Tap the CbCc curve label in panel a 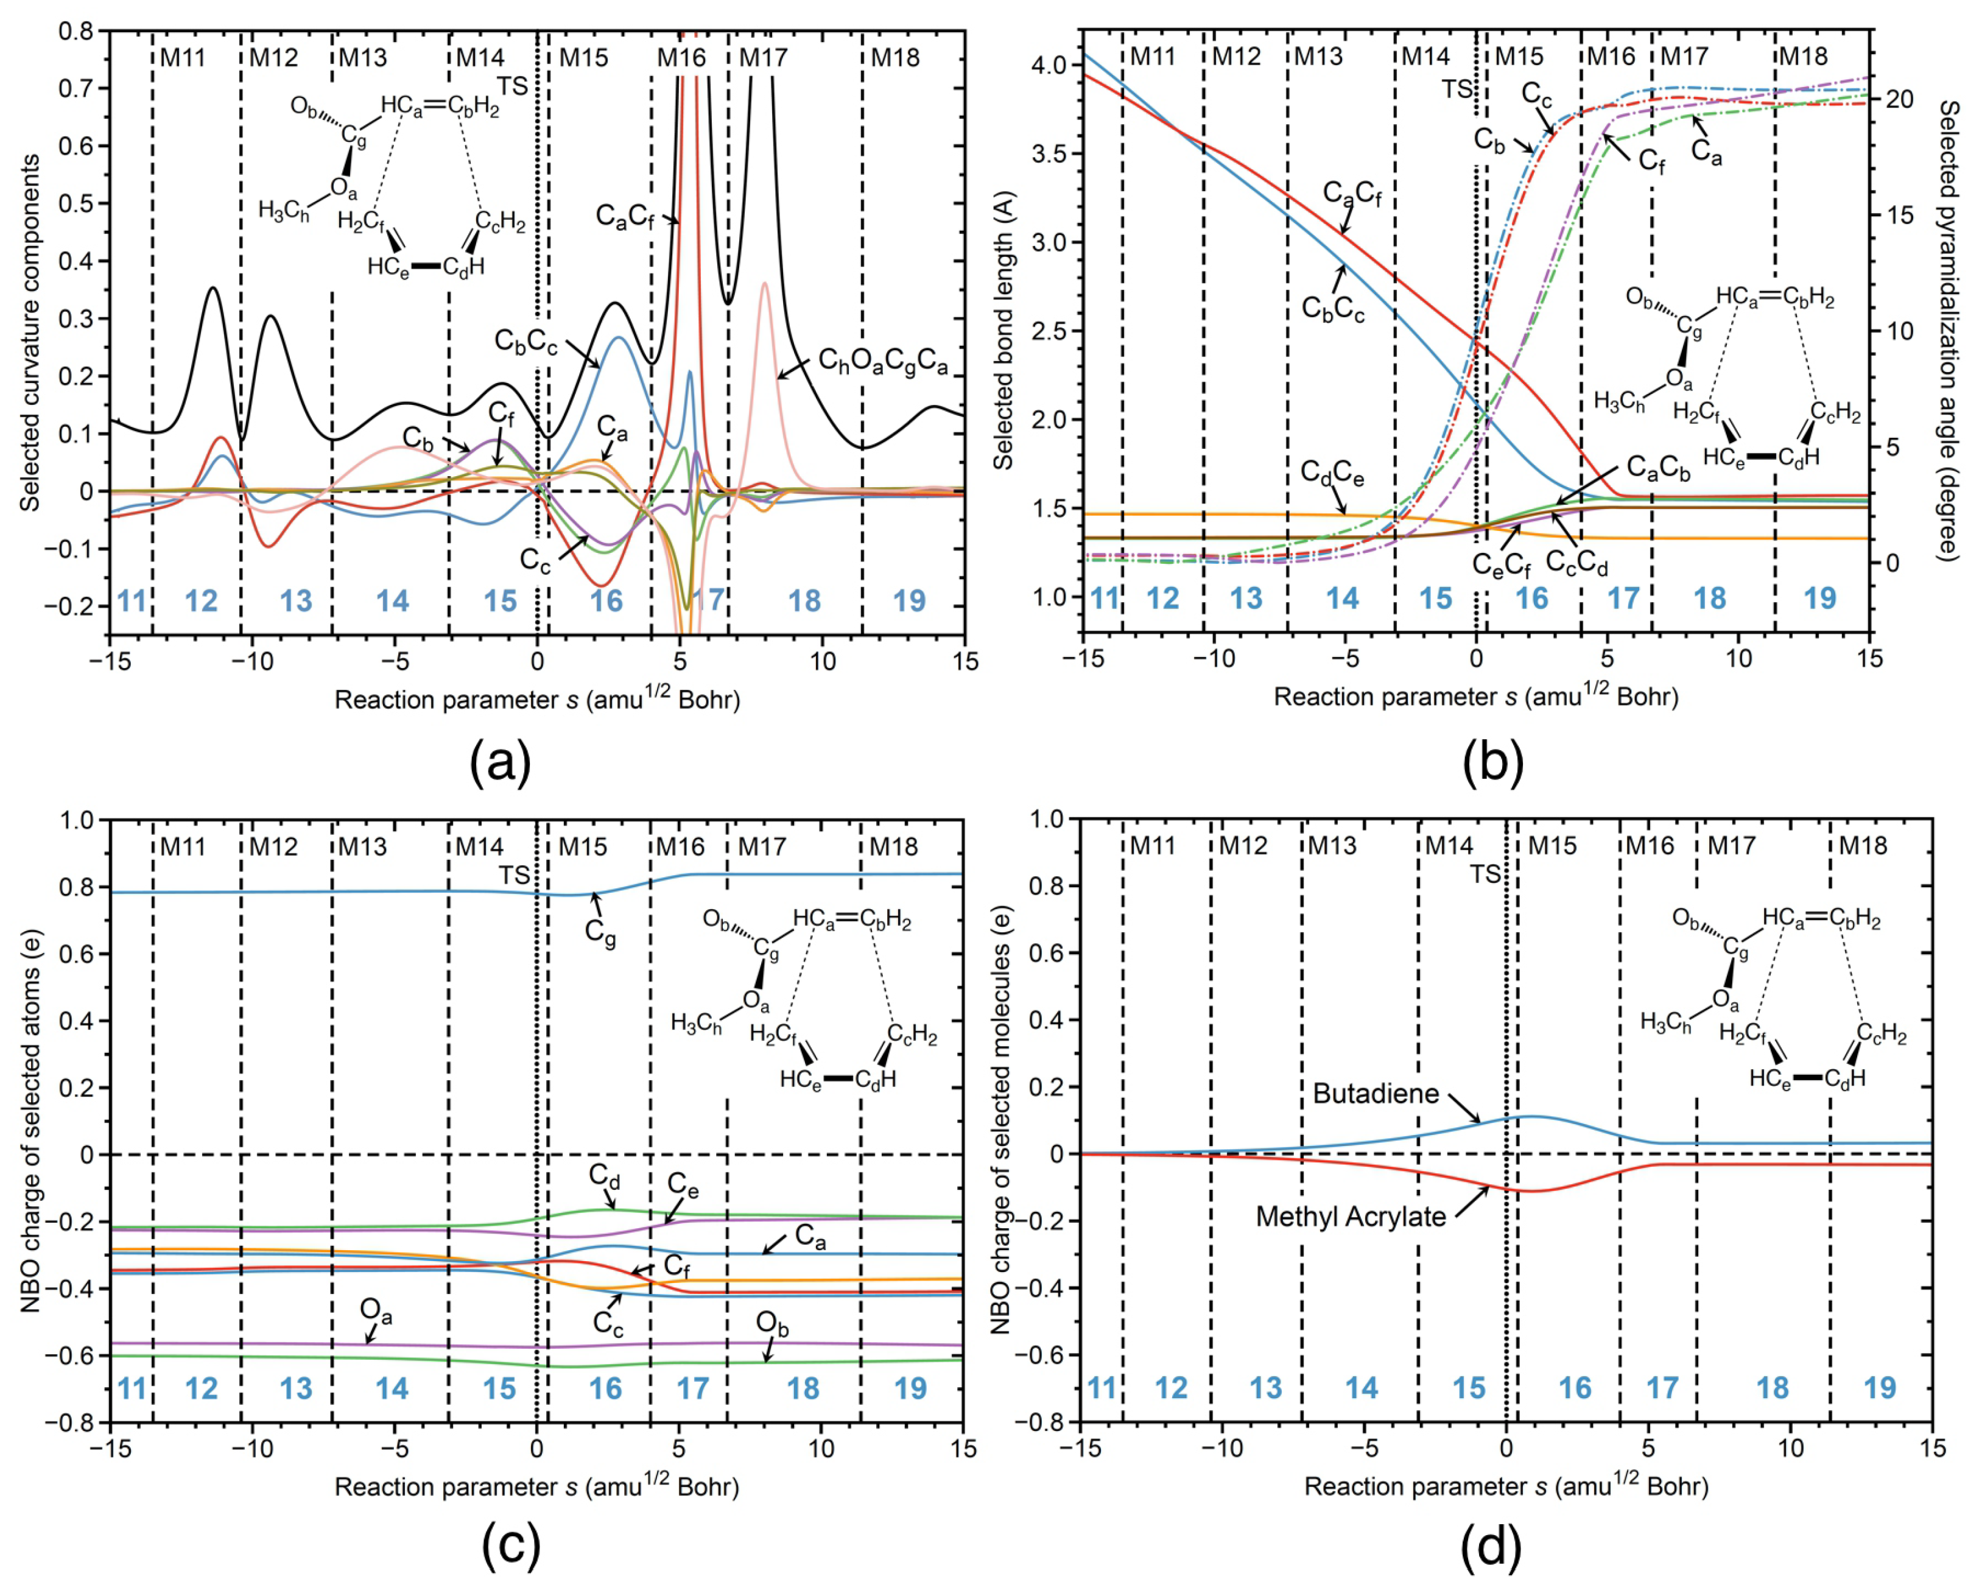tap(526, 341)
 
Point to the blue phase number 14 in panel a tap(393, 601)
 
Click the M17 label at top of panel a tap(763, 58)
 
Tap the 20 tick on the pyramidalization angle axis tap(1899, 99)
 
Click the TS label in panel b tap(1456, 89)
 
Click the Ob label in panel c tap(772, 1325)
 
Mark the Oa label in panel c tap(376, 1310)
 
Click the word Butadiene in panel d tap(1376, 1093)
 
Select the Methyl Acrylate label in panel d tap(1351, 1216)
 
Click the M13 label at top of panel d tap(1332, 845)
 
